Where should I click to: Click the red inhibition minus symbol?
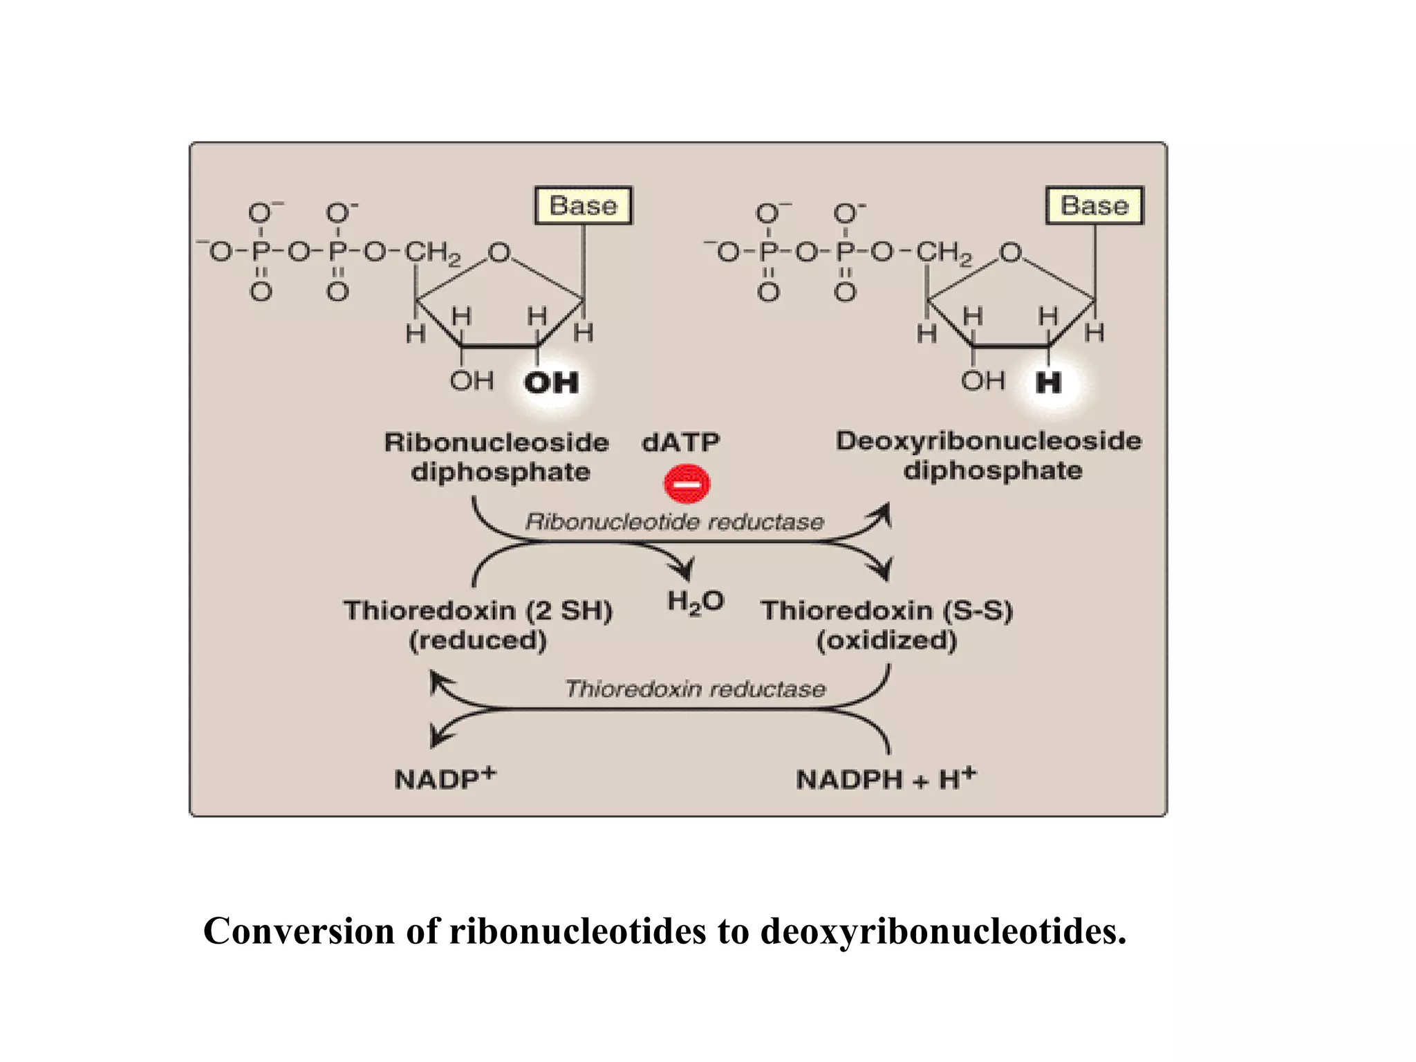[687, 483]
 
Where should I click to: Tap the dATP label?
[680, 442]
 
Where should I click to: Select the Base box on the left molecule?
[583, 205]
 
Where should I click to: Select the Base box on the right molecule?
[1094, 205]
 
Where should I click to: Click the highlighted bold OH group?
[551, 382]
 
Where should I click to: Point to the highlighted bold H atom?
[1048, 382]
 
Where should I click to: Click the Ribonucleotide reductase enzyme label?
[674, 521]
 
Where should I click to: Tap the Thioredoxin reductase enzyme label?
[695, 689]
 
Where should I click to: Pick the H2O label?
[695, 602]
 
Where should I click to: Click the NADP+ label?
[445, 778]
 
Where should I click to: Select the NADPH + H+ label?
[885, 779]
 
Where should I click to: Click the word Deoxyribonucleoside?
[988, 441]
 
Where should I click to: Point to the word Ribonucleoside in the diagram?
[496, 442]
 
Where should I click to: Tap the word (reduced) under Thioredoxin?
[478, 640]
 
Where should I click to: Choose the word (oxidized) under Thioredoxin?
[886, 640]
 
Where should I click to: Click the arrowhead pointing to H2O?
[684, 571]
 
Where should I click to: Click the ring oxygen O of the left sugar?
[499, 252]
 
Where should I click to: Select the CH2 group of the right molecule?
[944, 252]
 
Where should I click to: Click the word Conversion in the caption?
[299, 931]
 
